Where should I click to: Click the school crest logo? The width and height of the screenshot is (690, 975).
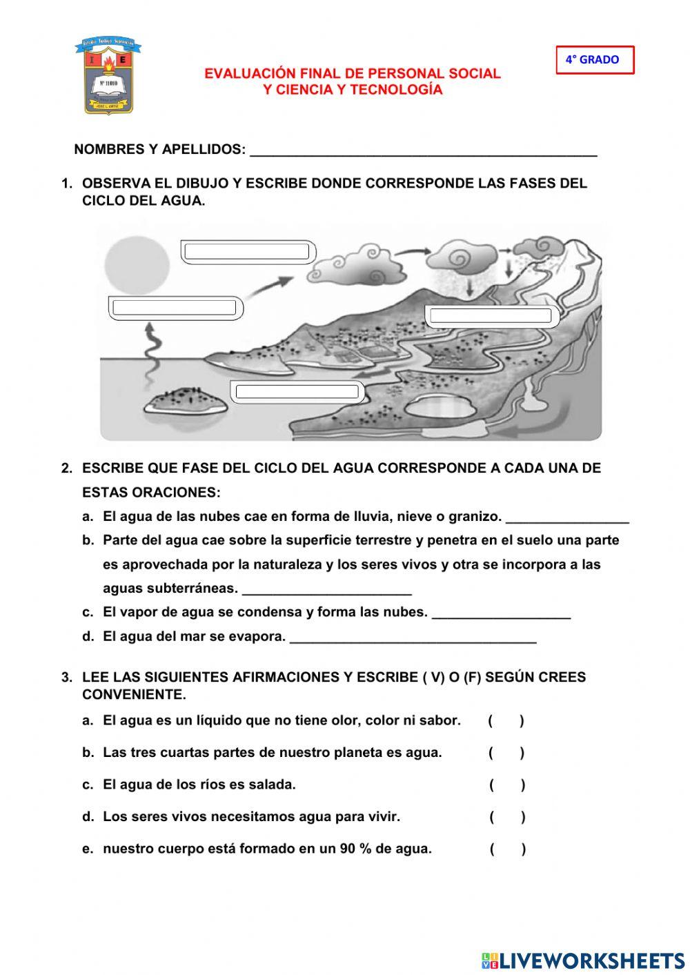(x=107, y=76)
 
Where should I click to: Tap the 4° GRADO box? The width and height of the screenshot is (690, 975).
(x=594, y=60)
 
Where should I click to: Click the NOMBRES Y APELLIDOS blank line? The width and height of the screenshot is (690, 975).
(x=423, y=150)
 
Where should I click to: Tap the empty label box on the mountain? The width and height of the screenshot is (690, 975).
(x=490, y=317)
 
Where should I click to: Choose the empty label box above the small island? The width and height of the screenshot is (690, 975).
(x=297, y=392)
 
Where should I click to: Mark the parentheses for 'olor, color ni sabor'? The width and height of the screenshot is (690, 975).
(x=506, y=721)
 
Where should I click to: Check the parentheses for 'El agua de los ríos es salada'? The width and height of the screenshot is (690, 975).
(x=507, y=785)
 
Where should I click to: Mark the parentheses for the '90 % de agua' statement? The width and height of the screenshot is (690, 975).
(x=508, y=849)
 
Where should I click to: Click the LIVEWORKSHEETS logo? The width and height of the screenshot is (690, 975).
(x=582, y=960)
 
